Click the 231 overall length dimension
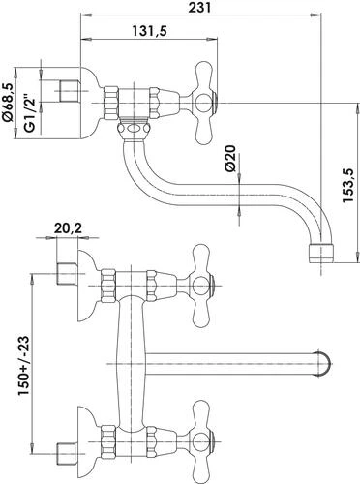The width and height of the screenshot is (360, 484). (x=199, y=7)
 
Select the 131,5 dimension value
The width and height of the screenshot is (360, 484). (x=149, y=31)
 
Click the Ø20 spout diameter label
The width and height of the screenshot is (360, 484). (x=231, y=159)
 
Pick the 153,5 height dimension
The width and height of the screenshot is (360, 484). (x=348, y=186)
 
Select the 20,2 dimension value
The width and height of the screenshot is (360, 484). (x=68, y=228)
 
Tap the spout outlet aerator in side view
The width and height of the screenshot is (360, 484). (x=320, y=254)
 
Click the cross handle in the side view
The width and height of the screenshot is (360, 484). (x=204, y=103)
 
